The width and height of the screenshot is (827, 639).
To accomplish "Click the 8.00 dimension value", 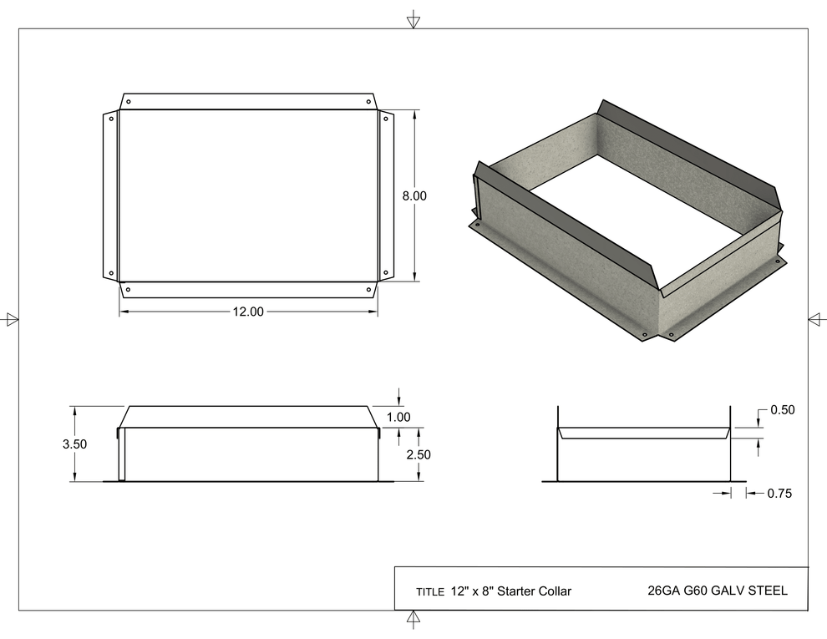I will tap(413, 196).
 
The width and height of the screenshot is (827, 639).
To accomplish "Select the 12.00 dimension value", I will tap(247, 312).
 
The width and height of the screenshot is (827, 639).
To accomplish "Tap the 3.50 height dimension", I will tap(74, 444).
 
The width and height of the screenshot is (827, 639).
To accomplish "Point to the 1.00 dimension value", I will tap(399, 417).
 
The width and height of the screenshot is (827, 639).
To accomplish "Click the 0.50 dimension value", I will tap(782, 410).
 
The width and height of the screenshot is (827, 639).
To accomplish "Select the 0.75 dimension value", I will tap(779, 494).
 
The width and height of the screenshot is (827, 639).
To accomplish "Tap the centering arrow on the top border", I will tap(413, 21).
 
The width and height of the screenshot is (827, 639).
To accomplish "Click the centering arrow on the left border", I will tap(12, 318).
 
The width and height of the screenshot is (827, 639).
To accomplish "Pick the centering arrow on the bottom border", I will tap(413, 618).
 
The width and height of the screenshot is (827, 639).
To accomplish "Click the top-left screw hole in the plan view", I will tap(128, 101).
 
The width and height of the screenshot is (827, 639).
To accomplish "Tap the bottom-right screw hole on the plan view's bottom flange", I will tap(368, 290).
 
